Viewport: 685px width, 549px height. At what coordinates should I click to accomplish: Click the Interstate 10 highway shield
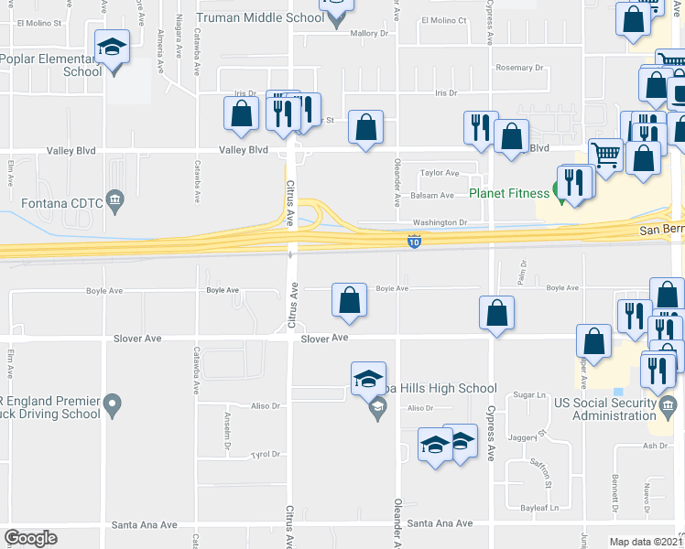[x=414, y=242]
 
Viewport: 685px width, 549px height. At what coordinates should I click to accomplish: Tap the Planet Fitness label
[x=510, y=193]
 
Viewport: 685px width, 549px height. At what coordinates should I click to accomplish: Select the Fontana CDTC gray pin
[x=114, y=199]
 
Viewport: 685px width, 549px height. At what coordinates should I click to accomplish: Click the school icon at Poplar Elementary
[x=113, y=47]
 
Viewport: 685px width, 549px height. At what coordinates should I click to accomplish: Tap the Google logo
[x=31, y=538]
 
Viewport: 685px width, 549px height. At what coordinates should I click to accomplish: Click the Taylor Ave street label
[x=439, y=173]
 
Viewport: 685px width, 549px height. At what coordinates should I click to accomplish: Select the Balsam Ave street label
[x=432, y=195]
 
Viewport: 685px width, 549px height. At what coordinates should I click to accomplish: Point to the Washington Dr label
[x=440, y=222]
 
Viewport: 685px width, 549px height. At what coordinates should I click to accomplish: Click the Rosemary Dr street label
[x=519, y=68]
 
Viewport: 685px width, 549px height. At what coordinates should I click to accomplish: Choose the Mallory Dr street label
[x=370, y=33]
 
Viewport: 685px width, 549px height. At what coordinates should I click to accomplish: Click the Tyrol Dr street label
[x=265, y=454]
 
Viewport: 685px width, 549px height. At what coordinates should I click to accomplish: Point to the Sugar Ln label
[x=529, y=394]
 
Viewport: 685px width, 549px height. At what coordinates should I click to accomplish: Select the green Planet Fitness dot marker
[x=561, y=192]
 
